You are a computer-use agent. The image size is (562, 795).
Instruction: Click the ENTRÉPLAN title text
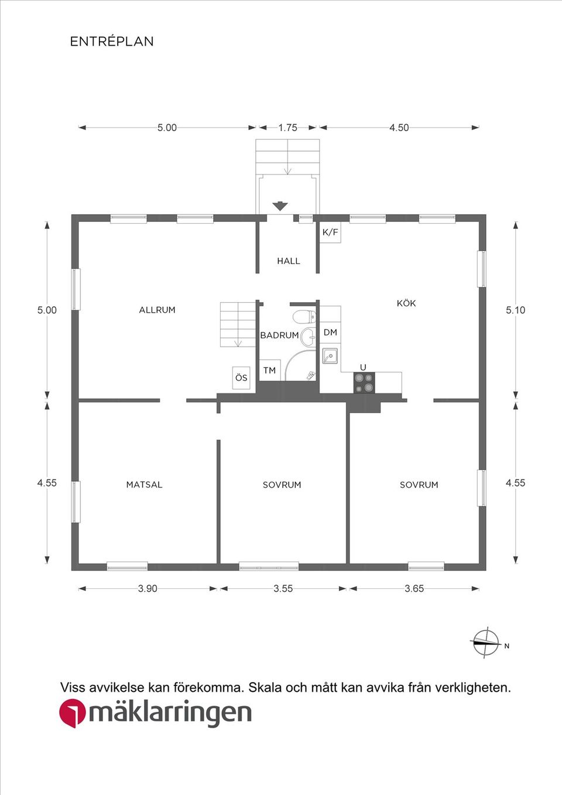pyautogui.click(x=112, y=41)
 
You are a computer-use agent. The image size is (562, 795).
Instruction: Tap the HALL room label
pyautogui.click(x=289, y=261)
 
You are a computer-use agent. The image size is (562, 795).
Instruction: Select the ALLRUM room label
pyautogui.click(x=157, y=310)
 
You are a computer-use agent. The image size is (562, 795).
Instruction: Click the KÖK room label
pyautogui.click(x=406, y=303)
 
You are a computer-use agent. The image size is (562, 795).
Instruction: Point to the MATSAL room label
pyautogui.click(x=144, y=485)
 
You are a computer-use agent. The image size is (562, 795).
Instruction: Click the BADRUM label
pyautogui.click(x=280, y=335)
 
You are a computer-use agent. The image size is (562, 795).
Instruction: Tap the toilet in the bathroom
pyautogui.click(x=304, y=316)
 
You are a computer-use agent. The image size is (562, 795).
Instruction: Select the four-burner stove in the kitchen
pyautogui.click(x=364, y=382)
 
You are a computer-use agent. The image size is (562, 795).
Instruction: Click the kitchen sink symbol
pyautogui.click(x=330, y=355)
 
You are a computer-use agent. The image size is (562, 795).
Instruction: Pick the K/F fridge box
pyautogui.click(x=330, y=232)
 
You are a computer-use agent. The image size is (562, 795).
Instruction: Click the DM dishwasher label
pyautogui.click(x=330, y=332)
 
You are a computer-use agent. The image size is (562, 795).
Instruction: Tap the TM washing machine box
pyautogui.click(x=270, y=370)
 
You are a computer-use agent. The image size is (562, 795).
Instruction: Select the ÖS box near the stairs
pyautogui.click(x=241, y=378)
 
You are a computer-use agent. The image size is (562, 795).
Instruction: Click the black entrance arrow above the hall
pyautogui.click(x=280, y=206)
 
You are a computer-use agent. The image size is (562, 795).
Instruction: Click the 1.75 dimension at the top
pyautogui.click(x=288, y=128)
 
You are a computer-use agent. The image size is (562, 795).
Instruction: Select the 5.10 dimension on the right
pyautogui.click(x=515, y=310)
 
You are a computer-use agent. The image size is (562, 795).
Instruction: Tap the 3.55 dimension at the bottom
pyautogui.click(x=283, y=588)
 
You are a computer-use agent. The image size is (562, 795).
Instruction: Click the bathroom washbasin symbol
pyautogui.click(x=307, y=337)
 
